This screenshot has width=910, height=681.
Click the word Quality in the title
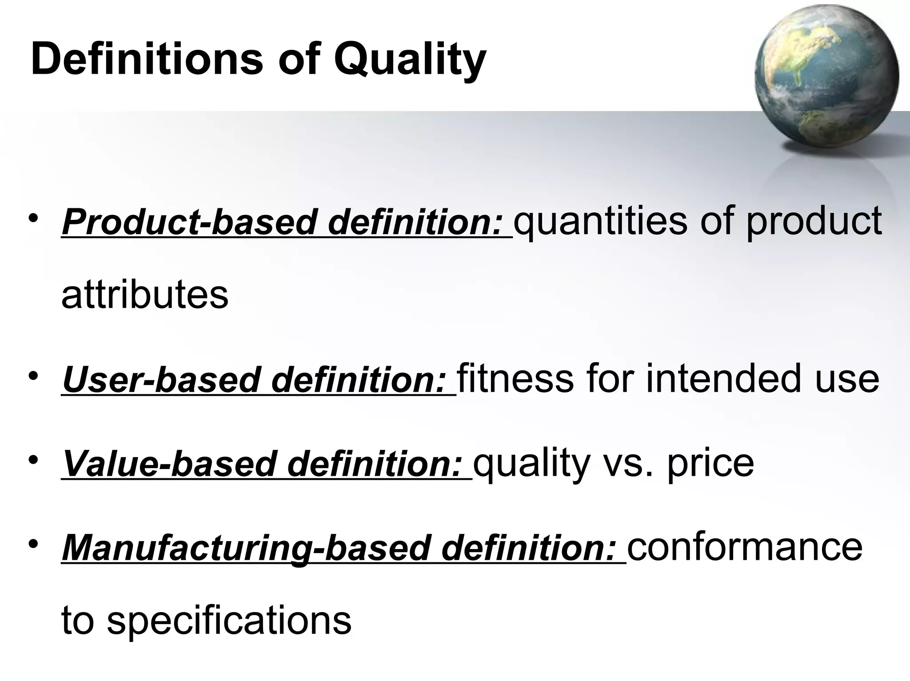coord(410,60)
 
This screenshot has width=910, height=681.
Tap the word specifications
coord(229,620)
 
